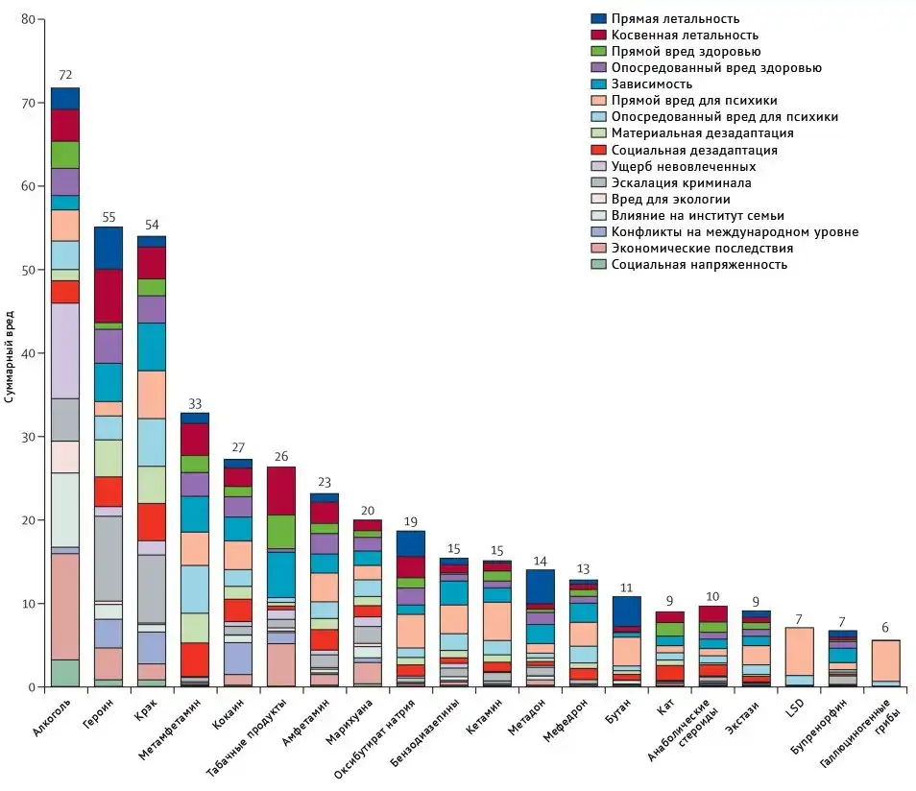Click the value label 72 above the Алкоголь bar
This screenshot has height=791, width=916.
(64, 75)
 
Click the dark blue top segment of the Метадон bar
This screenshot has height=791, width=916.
(541, 586)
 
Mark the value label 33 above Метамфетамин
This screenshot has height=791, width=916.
(195, 404)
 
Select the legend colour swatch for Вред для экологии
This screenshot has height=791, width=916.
(598, 199)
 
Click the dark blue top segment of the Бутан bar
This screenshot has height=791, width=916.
(626, 611)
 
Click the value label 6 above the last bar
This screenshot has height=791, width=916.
(885, 628)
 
